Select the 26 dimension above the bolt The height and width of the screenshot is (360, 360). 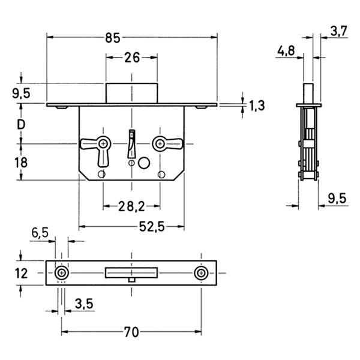[132, 58]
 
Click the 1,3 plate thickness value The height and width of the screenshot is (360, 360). [257, 106]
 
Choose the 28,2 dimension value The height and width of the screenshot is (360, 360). [130, 206]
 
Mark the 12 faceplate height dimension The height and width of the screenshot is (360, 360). [21, 273]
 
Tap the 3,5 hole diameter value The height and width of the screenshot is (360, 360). [83, 304]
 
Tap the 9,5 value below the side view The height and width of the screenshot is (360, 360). [337, 198]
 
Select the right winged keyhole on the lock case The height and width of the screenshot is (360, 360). [161, 143]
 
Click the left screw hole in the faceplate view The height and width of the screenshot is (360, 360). [61, 273]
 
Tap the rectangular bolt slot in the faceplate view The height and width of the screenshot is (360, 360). [131, 272]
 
